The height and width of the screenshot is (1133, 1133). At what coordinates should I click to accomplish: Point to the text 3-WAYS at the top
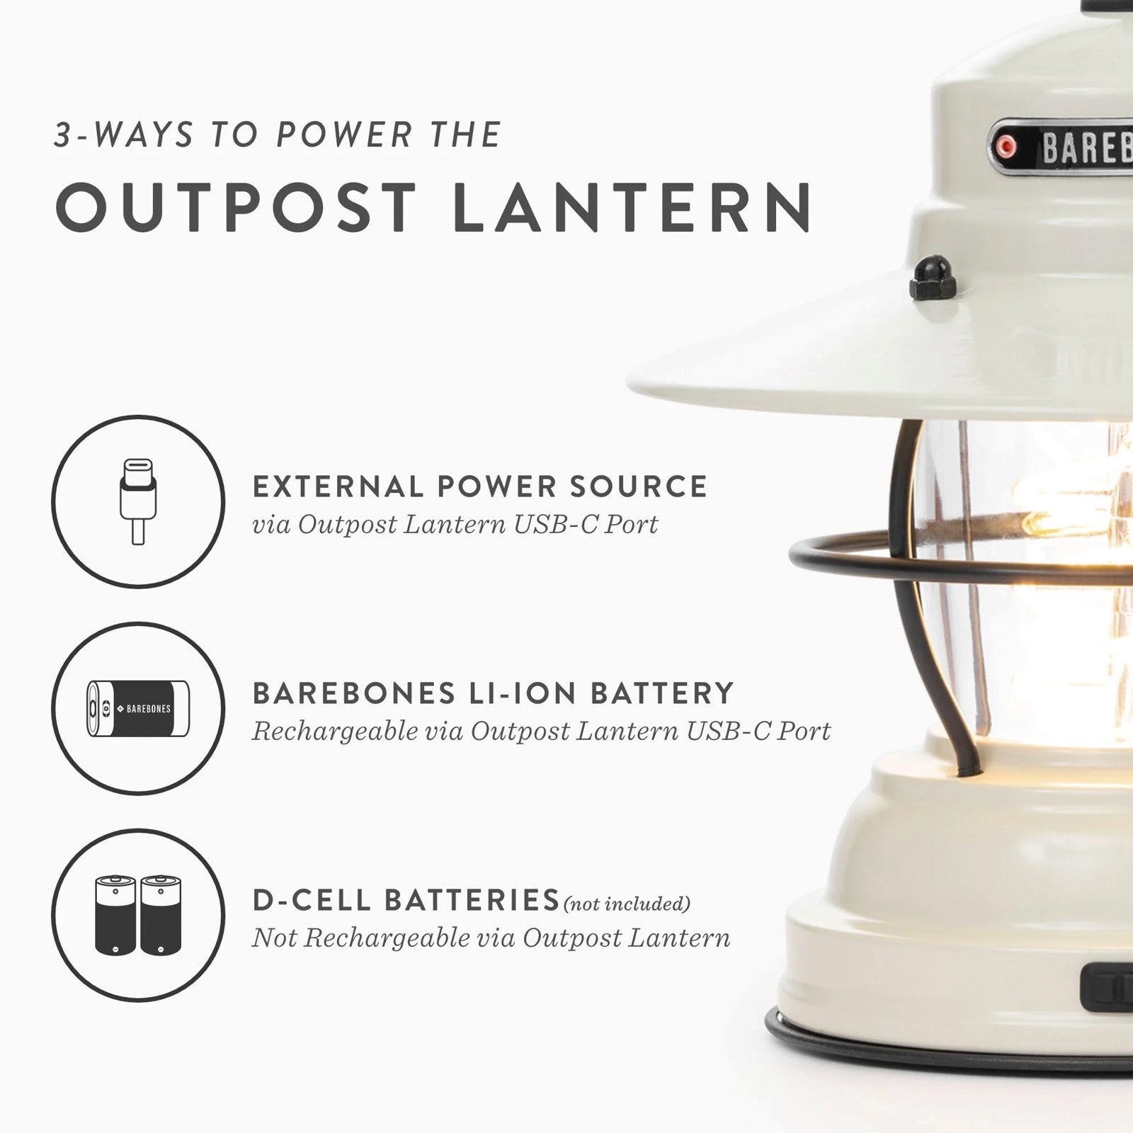pyautogui.click(x=124, y=135)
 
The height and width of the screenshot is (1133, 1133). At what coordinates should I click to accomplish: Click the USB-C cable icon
pyautogui.click(x=138, y=501)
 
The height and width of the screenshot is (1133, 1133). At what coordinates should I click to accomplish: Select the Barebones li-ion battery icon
pyautogui.click(x=138, y=708)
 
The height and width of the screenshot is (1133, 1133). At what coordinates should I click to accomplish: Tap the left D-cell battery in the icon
pyautogui.click(x=115, y=915)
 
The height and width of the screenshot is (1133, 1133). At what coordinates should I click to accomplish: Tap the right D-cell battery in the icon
pyautogui.click(x=161, y=915)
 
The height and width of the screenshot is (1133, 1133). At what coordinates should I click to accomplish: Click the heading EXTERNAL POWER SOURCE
pyautogui.click(x=480, y=486)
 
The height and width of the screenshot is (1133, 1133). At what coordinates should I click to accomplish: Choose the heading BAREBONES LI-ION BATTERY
pyautogui.click(x=493, y=693)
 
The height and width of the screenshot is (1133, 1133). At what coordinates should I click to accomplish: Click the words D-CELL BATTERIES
pyautogui.click(x=406, y=900)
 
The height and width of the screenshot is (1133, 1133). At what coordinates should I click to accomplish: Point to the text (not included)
pyautogui.click(x=626, y=904)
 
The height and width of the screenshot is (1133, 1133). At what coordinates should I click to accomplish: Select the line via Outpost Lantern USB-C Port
pyautogui.click(x=455, y=525)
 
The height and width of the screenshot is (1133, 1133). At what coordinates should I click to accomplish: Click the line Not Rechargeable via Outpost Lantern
pyautogui.click(x=491, y=938)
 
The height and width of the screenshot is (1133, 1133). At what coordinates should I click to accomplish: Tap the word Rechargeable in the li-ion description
pyautogui.click(x=336, y=731)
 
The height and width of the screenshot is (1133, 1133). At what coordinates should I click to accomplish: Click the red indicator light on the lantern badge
pyautogui.click(x=1005, y=147)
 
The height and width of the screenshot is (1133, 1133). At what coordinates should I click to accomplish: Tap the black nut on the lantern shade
pyautogui.click(x=933, y=277)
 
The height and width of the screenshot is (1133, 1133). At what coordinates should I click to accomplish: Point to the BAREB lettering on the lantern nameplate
pyautogui.click(x=1086, y=148)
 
